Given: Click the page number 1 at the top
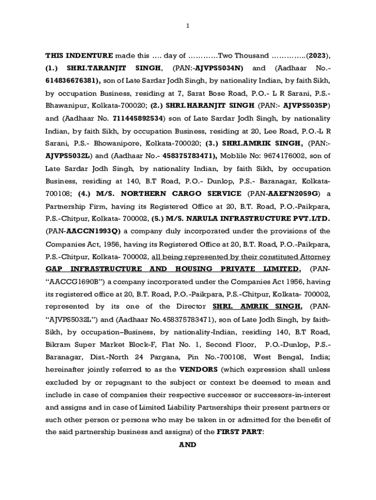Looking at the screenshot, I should coord(188,25).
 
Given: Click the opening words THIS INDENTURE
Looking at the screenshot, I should coord(79,55).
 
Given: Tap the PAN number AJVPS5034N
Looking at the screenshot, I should coord(224,68).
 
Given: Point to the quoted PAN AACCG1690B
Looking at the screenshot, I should coord(75,282).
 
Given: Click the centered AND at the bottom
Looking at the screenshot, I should coord(188,445).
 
